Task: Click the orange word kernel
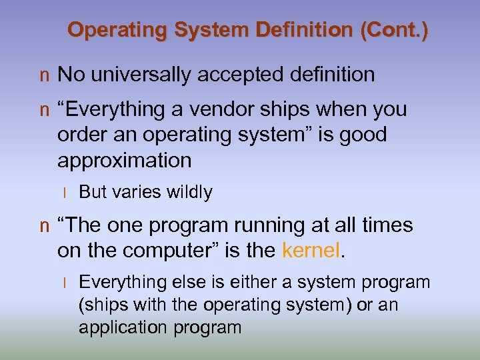tap(311, 251)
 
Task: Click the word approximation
tap(124, 161)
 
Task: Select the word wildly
tap(189, 192)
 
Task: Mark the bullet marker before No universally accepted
tap(44, 76)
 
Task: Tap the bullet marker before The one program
tap(44, 227)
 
